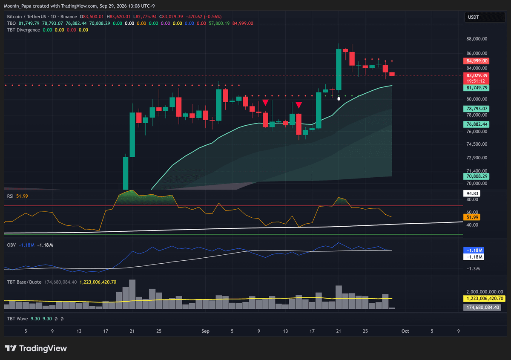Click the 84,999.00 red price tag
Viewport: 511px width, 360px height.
(x=476, y=61)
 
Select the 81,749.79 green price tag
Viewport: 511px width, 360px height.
(x=476, y=88)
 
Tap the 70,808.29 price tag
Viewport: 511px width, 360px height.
(x=476, y=176)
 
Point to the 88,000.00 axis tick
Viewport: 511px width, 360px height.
(x=477, y=39)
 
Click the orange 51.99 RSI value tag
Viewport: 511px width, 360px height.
(x=472, y=217)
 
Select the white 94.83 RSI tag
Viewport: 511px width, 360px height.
(x=472, y=193)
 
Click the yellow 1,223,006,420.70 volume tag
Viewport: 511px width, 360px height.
(x=485, y=299)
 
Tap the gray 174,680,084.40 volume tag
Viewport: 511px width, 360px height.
(x=482, y=308)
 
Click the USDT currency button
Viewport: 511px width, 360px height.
(x=485, y=17)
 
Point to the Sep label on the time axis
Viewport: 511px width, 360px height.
(x=205, y=331)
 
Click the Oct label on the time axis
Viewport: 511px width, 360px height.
(x=405, y=331)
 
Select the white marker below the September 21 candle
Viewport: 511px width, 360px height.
(x=339, y=98)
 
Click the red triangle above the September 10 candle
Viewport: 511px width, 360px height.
(x=265, y=103)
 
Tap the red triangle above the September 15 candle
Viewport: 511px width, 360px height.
(x=299, y=105)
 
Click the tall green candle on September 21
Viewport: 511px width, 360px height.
(x=339, y=69)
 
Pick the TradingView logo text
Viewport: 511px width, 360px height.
(x=43, y=348)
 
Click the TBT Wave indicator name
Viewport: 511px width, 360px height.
(x=17, y=319)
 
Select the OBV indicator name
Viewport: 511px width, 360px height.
(x=11, y=245)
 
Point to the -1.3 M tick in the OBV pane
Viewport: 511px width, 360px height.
(x=473, y=269)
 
